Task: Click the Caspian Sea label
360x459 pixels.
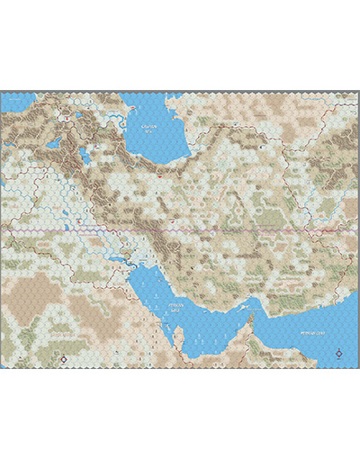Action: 148,129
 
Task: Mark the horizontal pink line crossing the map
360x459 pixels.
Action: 180,230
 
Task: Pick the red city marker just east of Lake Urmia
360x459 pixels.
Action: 96,152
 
